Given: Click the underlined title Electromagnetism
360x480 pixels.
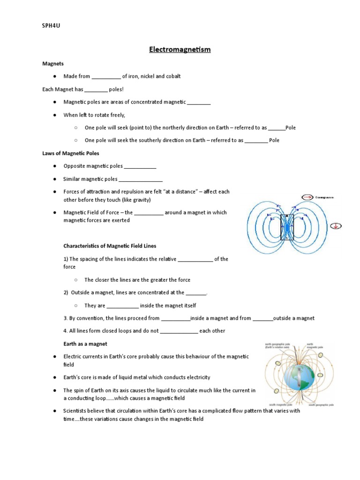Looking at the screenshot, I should (180, 50).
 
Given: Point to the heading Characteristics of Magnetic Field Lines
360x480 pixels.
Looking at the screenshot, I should (110, 246).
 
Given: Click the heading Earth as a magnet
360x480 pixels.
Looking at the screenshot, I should (85, 344).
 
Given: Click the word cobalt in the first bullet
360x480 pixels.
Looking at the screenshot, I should (172, 76).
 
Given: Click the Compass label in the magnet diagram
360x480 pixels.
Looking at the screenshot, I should (324, 197).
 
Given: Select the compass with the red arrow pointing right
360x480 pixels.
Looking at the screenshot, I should (307, 197).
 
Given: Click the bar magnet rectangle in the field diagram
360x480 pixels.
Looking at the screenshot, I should (287, 227).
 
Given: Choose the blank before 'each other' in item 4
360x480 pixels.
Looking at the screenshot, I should (179, 331).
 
